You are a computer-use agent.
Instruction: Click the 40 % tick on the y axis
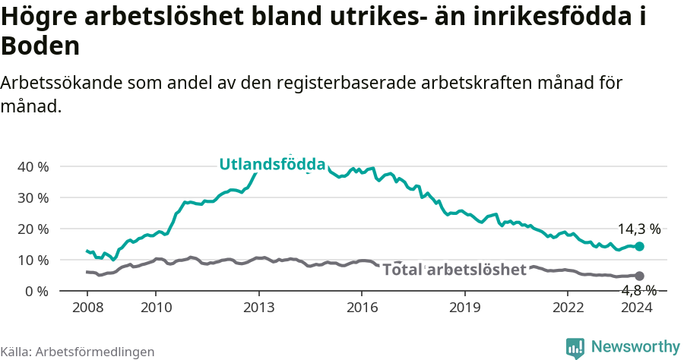pos(33,166)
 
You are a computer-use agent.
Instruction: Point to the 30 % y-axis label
pos(33,197)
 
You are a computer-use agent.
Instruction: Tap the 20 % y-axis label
pos(33,229)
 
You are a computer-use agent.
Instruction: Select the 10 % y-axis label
pos(33,260)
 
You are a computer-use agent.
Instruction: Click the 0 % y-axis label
pos(36,291)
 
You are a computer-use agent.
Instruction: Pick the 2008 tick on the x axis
pos(88,307)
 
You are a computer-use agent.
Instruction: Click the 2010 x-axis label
pos(156,307)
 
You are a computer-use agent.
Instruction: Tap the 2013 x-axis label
pos(259,307)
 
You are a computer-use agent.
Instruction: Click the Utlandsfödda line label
pos(272,164)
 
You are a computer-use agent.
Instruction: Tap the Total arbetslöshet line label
pos(454,270)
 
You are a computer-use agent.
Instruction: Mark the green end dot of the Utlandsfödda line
pos(640,246)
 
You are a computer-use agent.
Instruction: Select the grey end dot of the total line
pos(640,276)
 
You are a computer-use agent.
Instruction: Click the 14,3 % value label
pos(639,229)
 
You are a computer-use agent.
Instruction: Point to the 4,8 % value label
pos(639,290)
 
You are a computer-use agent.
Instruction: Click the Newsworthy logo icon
pos(575,348)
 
